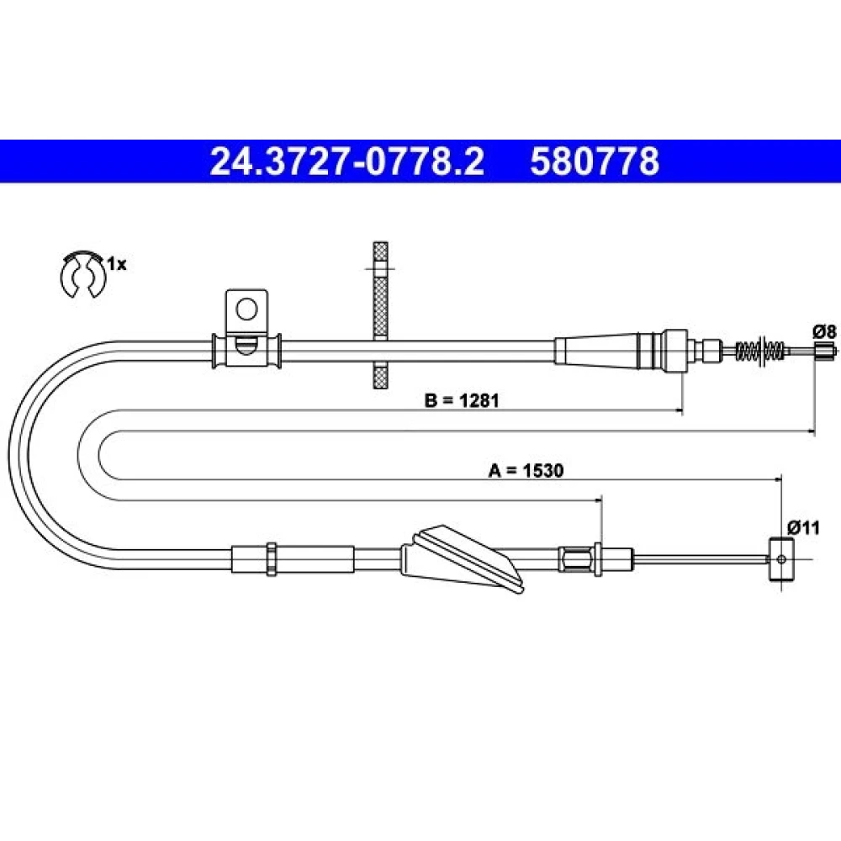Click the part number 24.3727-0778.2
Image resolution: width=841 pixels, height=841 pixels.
pyautogui.click(x=347, y=161)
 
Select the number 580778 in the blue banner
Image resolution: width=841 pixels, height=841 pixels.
pyautogui.click(x=595, y=161)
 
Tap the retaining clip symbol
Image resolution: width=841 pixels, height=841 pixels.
pyautogui.click(x=82, y=273)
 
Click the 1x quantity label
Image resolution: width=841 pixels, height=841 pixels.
pyautogui.click(x=117, y=264)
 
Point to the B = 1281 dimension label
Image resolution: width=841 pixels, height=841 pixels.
pyautogui.click(x=462, y=400)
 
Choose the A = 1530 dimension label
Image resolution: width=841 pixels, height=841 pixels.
pyautogui.click(x=526, y=470)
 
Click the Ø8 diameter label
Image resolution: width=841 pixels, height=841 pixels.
pyautogui.click(x=825, y=332)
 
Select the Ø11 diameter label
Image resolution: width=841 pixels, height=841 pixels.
pyautogui.click(x=803, y=528)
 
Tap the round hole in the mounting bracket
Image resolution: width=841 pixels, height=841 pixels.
pyautogui.click(x=246, y=309)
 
